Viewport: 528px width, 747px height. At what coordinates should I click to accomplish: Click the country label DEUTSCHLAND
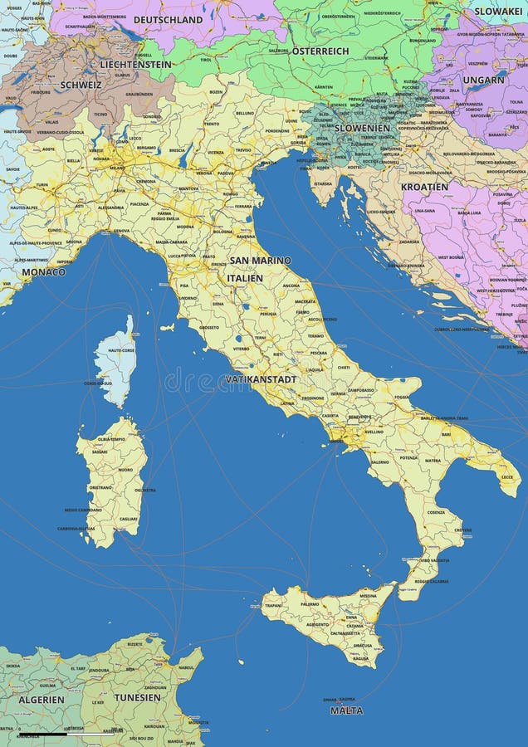pos(168,19)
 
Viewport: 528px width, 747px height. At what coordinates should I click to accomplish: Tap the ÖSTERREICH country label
pos(320,51)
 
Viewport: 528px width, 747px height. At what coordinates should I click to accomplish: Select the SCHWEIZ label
pos(81,85)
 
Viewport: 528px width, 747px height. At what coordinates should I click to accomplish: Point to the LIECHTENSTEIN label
pos(135,64)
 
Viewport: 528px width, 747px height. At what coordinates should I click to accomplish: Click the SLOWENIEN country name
pos(361,128)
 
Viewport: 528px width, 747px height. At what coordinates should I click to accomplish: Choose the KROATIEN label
pos(424,187)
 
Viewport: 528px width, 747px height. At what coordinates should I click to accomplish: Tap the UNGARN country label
pos(484,80)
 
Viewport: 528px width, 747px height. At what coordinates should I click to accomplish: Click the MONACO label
pos(43,271)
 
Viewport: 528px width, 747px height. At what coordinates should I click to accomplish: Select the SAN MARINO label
pos(260,261)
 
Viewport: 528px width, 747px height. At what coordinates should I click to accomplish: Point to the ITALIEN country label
pos(245,278)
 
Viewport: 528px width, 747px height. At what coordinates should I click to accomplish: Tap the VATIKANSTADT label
pos(261,379)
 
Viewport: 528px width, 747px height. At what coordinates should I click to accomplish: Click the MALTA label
pos(346,710)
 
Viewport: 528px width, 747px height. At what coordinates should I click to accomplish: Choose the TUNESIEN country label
pos(137,697)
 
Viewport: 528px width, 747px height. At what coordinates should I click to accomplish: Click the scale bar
pos(66,734)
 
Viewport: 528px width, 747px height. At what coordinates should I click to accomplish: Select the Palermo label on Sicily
pos(310,604)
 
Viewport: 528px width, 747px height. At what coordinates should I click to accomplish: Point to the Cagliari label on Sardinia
pos(128,518)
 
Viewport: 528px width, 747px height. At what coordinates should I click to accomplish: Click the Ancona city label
pos(291,286)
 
